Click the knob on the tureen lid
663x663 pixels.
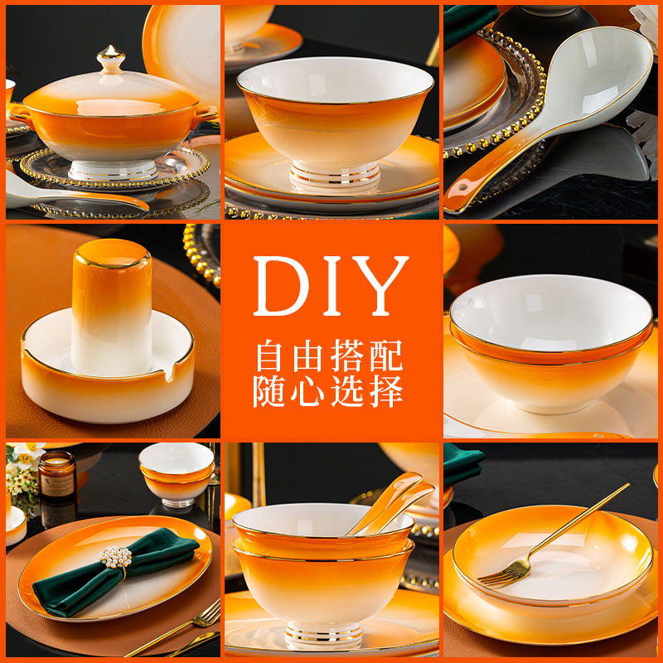click(x=110, y=59)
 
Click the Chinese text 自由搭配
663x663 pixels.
click(x=329, y=356)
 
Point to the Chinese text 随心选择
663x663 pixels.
click(x=329, y=391)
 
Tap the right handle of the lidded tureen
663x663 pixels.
click(x=206, y=114)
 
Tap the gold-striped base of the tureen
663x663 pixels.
click(x=112, y=169)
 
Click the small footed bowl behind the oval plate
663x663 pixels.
click(x=176, y=474)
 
